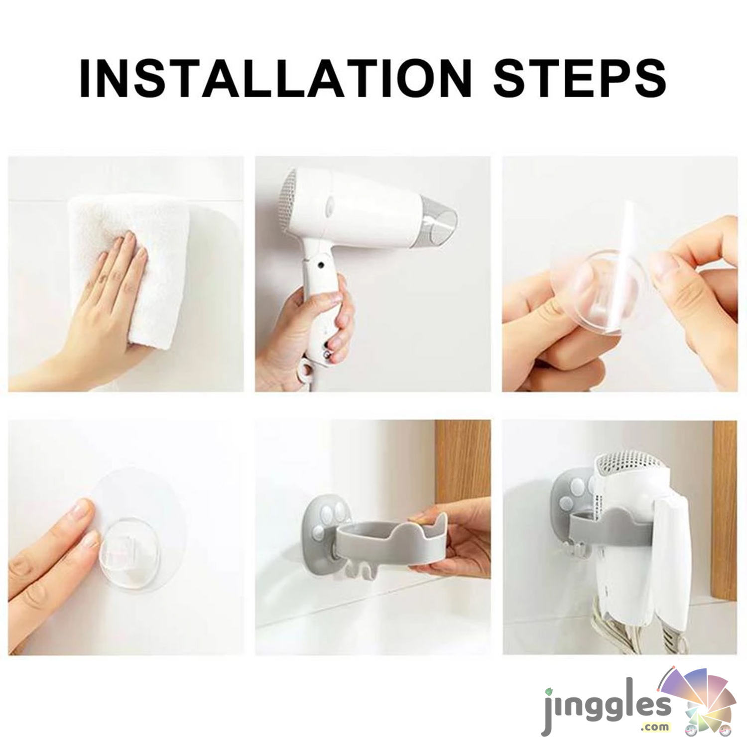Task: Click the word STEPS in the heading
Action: (580, 78)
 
